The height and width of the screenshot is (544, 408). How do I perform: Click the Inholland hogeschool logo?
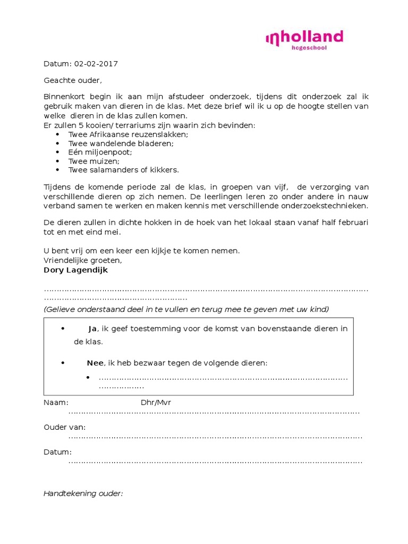tap(304, 40)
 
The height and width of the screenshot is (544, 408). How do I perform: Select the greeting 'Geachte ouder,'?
tap(72, 80)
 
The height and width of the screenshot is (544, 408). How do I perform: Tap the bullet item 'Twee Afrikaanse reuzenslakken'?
tap(128, 134)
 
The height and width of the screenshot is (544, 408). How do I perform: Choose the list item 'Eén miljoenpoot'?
tap(100, 152)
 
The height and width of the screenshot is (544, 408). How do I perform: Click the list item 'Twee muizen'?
tap(94, 161)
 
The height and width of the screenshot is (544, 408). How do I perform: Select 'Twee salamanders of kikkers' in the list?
tap(124, 170)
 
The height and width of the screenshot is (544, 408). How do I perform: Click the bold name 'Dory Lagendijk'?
tap(75, 269)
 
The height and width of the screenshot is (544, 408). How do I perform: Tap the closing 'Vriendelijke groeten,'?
tap(82, 260)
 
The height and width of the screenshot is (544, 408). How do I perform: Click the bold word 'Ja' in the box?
tap(92, 329)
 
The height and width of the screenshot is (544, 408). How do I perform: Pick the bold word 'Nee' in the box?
tap(96, 363)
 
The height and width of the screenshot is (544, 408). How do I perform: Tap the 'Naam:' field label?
tap(56, 403)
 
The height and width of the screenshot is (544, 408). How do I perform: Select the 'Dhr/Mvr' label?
tap(156, 403)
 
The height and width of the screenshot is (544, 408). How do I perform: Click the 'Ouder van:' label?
tap(64, 427)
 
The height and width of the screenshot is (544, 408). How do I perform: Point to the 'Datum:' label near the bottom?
tap(57, 452)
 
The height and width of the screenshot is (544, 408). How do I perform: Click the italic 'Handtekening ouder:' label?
tap(83, 494)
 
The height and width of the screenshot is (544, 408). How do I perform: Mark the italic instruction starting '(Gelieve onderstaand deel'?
tap(186, 309)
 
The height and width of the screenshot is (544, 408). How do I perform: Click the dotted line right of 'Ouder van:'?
tap(215, 437)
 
